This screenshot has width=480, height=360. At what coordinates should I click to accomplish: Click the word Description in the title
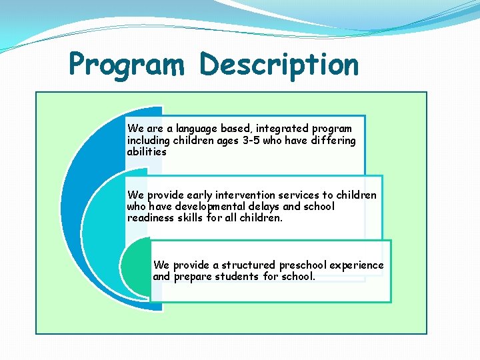(x=279, y=65)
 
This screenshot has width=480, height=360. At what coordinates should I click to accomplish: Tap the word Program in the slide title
(x=127, y=65)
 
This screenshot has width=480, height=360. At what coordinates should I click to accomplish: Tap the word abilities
(x=147, y=151)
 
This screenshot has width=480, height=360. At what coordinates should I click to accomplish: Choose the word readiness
(x=150, y=218)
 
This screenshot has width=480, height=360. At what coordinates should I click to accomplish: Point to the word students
(x=237, y=277)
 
